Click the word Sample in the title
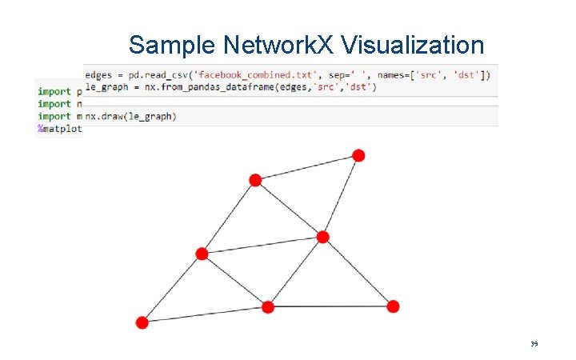(x=170, y=44)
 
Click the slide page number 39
(x=534, y=344)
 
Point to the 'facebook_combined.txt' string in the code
(x=257, y=74)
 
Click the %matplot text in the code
(x=59, y=129)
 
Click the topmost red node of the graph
(x=358, y=155)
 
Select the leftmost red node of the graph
(x=142, y=322)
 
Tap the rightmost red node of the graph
(x=393, y=306)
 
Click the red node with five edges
(x=322, y=237)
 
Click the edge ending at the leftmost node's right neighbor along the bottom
(x=205, y=314)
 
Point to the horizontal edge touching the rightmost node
(x=330, y=306)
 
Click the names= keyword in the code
(x=391, y=74)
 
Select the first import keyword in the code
(x=54, y=91)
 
